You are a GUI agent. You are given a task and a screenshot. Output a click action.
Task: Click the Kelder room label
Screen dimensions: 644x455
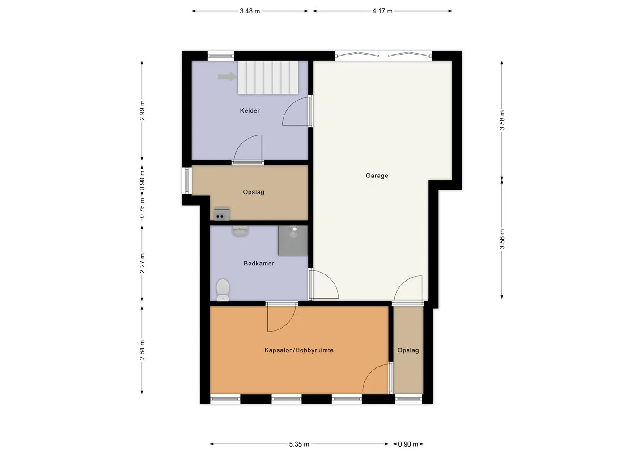pyautogui.click(x=250, y=110)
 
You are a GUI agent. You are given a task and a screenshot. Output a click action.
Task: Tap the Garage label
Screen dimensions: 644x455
pyautogui.click(x=377, y=176)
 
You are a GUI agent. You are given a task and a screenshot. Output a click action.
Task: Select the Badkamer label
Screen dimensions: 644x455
pyautogui.click(x=259, y=263)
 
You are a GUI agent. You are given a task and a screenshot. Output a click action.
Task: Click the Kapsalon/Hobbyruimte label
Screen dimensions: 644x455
pyautogui.click(x=299, y=350)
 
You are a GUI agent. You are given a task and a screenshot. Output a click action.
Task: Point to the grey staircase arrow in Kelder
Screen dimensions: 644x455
pyautogui.click(x=227, y=77)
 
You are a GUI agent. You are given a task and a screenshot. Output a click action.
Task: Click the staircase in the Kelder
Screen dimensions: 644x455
pyautogui.click(x=268, y=78)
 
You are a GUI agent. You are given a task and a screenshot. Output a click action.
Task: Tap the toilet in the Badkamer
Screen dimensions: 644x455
pyautogui.click(x=223, y=290)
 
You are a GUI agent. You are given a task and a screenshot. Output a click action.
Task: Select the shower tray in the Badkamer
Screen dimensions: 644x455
pyautogui.click(x=292, y=240)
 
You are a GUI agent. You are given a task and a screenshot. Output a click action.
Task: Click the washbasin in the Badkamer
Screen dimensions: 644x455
pyautogui.click(x=240, y=231)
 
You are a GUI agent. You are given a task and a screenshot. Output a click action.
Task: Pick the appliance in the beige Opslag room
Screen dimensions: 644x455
pyautogui.click(x=222, y=214)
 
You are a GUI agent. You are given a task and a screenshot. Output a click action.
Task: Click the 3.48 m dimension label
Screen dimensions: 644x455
pyautogui.click(x=250, y=11)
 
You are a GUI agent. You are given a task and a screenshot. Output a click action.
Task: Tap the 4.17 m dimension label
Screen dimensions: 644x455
pyautogui.click(x=382, y=11)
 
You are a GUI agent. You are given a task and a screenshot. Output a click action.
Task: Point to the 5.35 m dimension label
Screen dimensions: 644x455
pyautogui.click(x=299, y=444)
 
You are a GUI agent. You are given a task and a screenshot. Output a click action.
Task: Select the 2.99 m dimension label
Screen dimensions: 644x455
pyautogui.click(x=142, y=110)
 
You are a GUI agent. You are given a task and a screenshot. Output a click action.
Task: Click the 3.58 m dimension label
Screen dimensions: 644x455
pyautogui.click(x=502, y=120)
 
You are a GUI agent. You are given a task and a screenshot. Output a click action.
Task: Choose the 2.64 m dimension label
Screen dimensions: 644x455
pyautogui.click(x=142, y=350)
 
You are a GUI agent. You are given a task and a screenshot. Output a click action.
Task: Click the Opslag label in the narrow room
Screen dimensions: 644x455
pyautogui.click(x=408, y=350)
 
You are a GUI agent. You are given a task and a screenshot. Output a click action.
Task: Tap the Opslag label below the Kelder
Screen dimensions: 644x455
pyautogui.click(x=254, y=192)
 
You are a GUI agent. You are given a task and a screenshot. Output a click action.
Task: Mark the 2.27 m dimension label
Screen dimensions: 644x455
pyautogui.click(x=142, y=263)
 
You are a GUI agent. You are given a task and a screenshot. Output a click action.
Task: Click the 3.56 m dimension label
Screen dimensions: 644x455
pyautogui.click(x=502, y=239)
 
